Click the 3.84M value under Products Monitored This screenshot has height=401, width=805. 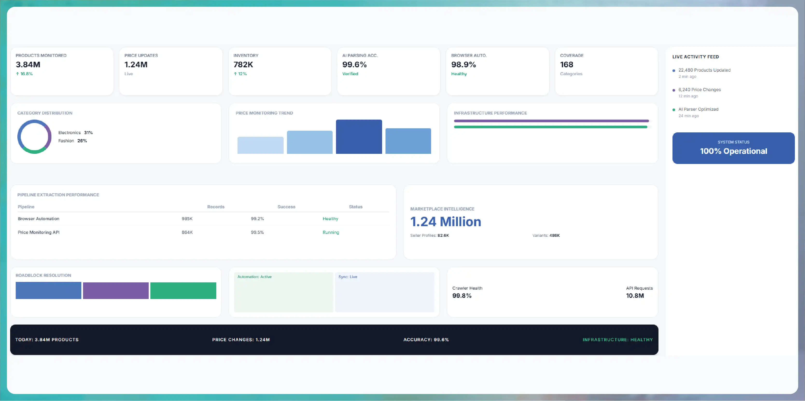tap(28, 65)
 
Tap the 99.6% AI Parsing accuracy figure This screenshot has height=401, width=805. tap(354, 65)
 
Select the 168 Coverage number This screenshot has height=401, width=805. tap(567, 65)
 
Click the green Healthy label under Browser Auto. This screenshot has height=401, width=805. tap(459, 74)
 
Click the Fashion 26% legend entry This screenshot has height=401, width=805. tap(72, 141)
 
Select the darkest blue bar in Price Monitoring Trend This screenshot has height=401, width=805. tap(359, 137)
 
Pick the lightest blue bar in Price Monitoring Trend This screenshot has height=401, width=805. tap(260, 145)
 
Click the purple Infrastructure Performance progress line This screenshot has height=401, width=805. tap(551, 121)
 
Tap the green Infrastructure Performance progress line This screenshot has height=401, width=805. tap(550, 127)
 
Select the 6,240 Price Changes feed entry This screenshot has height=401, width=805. tap(699, 90)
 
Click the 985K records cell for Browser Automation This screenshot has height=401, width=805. tap(187, 219)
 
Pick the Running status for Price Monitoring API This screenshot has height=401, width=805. tap(331, 232)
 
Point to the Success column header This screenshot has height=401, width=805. tap(286, 207)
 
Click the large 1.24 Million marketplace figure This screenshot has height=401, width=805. tap(446, 222)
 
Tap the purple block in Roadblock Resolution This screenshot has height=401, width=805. tap(116, 291)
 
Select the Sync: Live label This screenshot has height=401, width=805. tap(348, 277)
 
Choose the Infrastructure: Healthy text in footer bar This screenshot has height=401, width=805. tap(617, 340)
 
